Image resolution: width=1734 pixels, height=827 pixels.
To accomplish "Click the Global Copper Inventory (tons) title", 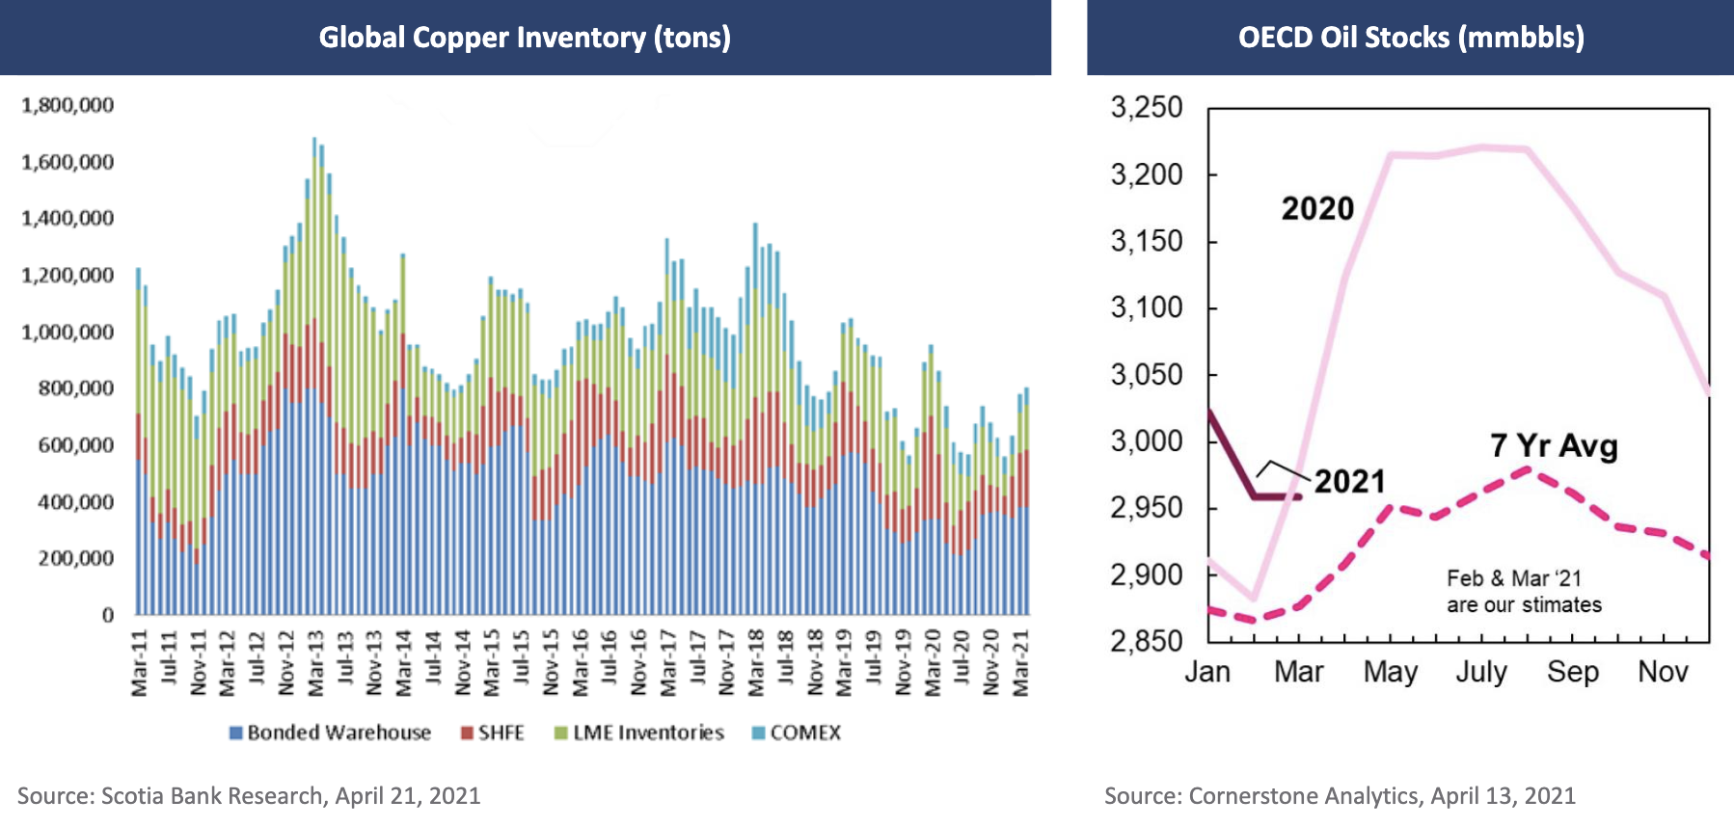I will [x=525, y=38].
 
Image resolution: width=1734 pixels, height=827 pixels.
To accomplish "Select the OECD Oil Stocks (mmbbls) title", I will [x=1411, y=38].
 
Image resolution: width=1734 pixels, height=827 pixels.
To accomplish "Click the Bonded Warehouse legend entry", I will [x=330, y=733].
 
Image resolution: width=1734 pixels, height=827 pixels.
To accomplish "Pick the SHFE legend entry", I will [x=493, y=733].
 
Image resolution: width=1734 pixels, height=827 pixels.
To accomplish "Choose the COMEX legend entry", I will [x=797, y=733].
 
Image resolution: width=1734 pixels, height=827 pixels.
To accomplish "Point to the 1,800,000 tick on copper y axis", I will [x=68, y=105].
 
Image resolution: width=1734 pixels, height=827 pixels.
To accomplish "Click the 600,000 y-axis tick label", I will [x=75, y=445].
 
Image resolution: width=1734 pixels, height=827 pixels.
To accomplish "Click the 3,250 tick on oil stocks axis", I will [x=1147, y=107].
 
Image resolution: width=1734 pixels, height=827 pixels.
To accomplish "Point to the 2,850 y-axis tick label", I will [x=1147, y=641].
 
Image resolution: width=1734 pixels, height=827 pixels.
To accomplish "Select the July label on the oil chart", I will [x=1481, y=672].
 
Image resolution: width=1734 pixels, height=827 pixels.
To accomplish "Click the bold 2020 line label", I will [x=1317, y=209].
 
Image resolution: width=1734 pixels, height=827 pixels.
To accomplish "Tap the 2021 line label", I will [x=1349, y=481].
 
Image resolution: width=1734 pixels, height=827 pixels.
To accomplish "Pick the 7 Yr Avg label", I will [x=1554, y=446].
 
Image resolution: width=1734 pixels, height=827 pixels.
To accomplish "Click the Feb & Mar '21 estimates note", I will [x=1524, y=592].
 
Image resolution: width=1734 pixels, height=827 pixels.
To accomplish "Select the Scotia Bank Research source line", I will [x=249, y=796].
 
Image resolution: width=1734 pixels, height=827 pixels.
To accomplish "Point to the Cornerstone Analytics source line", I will [x=1340, y=796].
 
